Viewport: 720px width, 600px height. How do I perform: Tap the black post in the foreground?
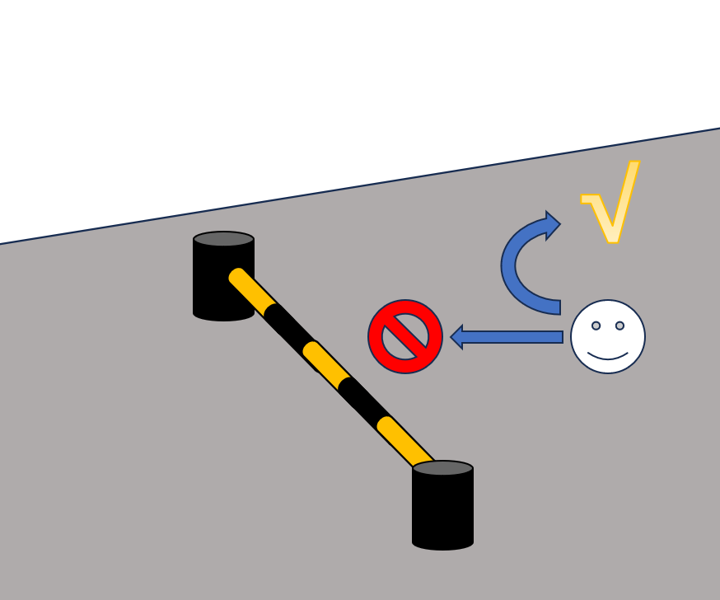(x=442, y=511)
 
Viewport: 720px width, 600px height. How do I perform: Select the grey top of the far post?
(x=223, y=239)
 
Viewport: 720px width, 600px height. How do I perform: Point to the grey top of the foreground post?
(x=442, y=468)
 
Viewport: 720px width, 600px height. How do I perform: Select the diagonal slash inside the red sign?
(x=405, y=336)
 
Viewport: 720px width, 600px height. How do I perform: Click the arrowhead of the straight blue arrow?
(x=457, y=337)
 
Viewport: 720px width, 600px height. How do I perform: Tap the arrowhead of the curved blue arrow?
(x=551, y=224)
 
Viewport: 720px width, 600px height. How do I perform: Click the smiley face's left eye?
(x=596, y=326)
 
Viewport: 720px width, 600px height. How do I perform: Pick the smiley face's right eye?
(x=619, y=326)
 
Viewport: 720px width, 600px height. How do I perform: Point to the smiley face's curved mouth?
(x=608, y=357)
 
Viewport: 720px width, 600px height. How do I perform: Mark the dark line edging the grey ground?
(x=360, y=186)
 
